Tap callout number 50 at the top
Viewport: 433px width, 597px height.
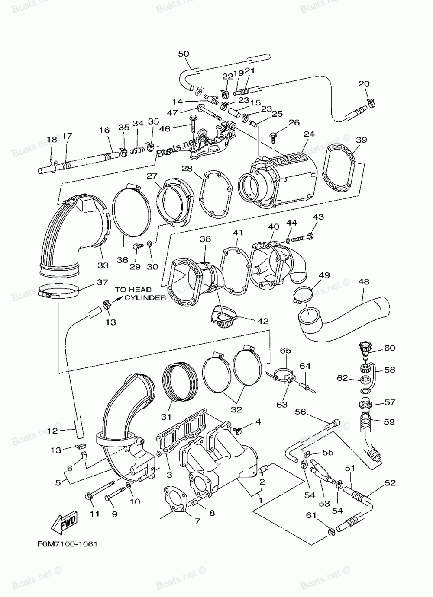(x=184, y=54)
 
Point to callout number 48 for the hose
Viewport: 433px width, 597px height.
(x=364, y=282)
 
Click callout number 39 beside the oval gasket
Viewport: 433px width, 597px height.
(x=362, y=140)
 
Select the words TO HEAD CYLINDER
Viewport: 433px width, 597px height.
(x=139, y=294)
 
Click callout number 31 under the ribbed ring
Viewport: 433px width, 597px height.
(x=166, y=417)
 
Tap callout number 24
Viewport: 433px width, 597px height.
(x=309, y=134)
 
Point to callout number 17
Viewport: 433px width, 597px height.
(x=67, y=135)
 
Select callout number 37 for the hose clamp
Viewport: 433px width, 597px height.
(x=102, y=282)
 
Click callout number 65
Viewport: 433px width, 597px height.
(x=285, y=350)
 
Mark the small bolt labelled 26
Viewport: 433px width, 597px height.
(x=273, y=137)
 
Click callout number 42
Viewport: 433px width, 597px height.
(x=263, y=321)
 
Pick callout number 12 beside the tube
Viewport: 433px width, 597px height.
(x=52, y=431)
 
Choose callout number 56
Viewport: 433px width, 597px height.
(x=301, y=412)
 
